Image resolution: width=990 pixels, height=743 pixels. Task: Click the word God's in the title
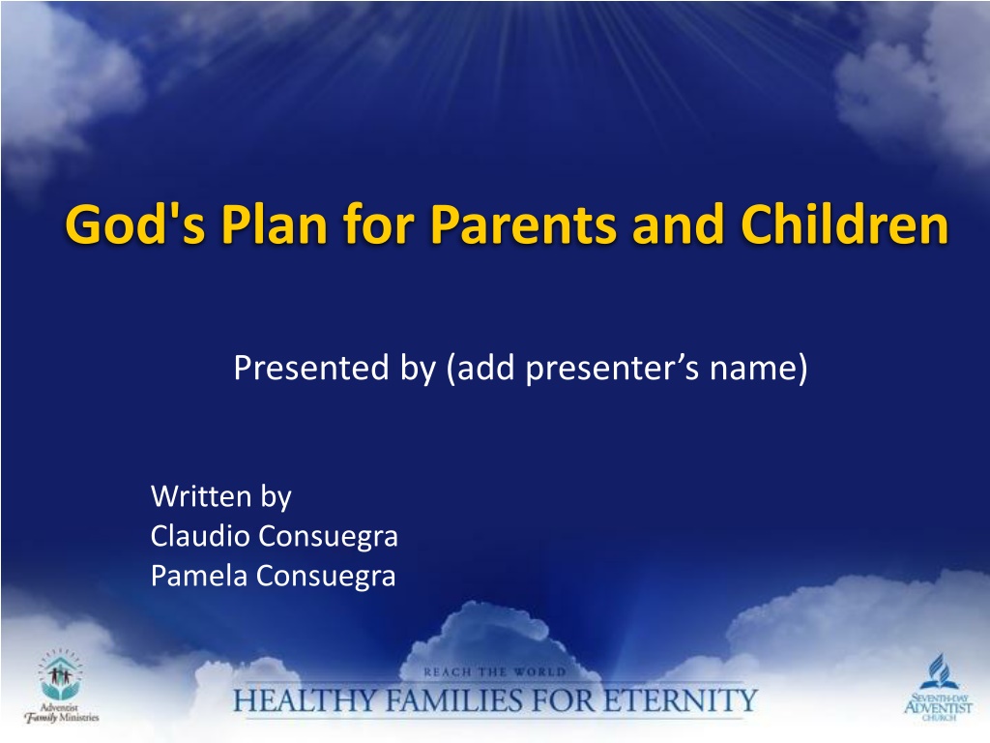pyautogui.click(x=135, y=223)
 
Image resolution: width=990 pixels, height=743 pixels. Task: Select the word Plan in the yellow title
pyautogui.click(x=274, y=223)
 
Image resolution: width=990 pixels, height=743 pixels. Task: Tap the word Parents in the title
pyautogui.click(x=523, y=224)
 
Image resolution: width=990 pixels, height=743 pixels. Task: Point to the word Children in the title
pyautogui.click(x=844, y=223)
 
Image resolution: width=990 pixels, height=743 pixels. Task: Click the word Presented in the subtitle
pyautogui.click(x=311, y=368)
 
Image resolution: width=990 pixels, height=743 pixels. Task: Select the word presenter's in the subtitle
pyautogui.click(x=612, y=369)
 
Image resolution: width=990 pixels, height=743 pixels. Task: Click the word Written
pyautogui.click(x=201, y=496)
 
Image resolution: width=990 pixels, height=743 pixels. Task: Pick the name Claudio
pyautogui.click(x=200, y=536)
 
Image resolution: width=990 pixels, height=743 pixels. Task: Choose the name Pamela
pyautogui.click(x=199, y=576)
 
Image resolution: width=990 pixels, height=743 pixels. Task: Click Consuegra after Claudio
pyautogui.click(x=329, y=537)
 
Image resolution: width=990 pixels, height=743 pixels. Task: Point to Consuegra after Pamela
pyautogui.click(x=326, y=577)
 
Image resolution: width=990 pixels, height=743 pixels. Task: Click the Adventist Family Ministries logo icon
pyautogui.click(x=61, y=674)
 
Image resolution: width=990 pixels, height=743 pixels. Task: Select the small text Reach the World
pyautogui.click(x=495, y=672)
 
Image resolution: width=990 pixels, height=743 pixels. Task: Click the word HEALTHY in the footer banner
pyautogui.click(x=306, y=700)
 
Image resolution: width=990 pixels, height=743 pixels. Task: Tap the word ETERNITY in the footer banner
pyautogui.click(x=680, y=700)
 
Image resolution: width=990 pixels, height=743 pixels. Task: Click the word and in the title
pyautogui.click(x=678, y=224)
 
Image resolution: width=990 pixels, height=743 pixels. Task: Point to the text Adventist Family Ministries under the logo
pyautogui.click(x=61, y=713)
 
